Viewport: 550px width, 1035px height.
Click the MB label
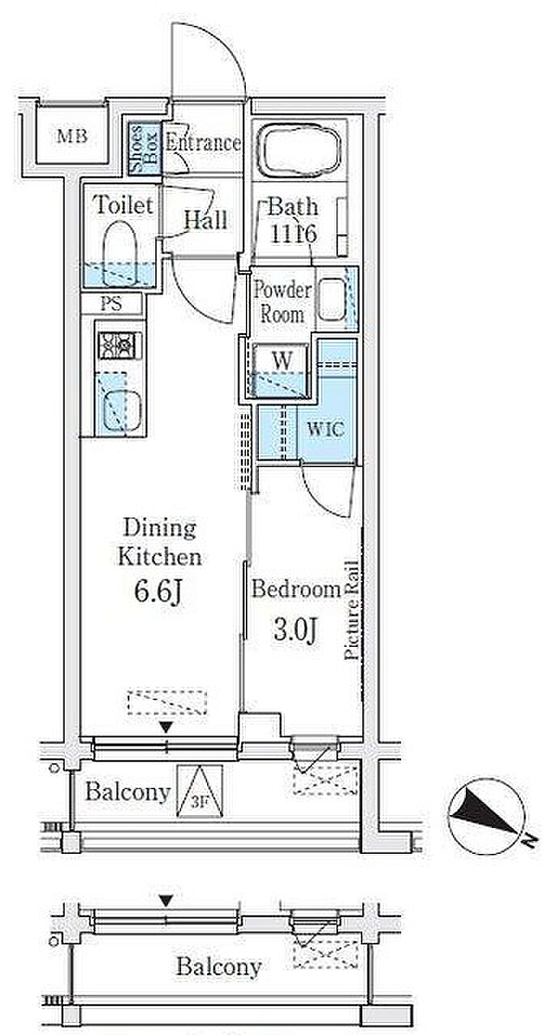pyautogui.click(x=72, y=137)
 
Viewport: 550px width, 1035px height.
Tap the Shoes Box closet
pyautogui.click(x=144, y=148)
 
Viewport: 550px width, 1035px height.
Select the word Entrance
pyautogui.click(x=203, y=142)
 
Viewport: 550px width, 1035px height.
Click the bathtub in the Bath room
pyautogui.click(x=299, y=150)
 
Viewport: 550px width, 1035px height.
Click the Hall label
pyautogui.click(x=206, y=220)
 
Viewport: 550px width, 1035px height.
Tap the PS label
pyautogui.click(x=112, y=305)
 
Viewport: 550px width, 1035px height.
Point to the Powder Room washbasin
pyautogui.click(x=332, y=299)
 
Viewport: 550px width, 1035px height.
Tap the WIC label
pyautogui.click(x=326, y=429)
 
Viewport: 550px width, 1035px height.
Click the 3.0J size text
pyautogui.click(x=296, y=629)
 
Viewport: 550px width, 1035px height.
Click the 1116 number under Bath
pyautogui.click(x=293, y=234)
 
